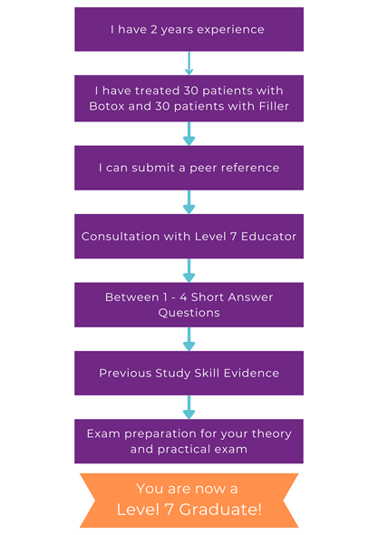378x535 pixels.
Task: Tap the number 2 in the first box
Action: [154, 29]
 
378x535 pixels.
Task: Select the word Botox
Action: [107, 106]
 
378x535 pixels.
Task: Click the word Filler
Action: [274, 106]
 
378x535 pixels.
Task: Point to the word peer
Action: [203, 169]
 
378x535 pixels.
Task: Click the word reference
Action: [250, 168]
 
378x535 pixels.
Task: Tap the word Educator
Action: [268, 236]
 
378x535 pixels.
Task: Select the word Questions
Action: [189, 313]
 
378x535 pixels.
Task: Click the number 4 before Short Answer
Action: [183, 297]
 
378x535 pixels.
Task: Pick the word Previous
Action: [125, 373]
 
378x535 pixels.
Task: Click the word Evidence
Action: [251, 373]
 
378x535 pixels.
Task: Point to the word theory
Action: [272, 434]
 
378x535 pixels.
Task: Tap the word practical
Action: [179, 450]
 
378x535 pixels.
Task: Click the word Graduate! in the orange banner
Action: [220, 510]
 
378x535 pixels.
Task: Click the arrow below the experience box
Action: [189, 63]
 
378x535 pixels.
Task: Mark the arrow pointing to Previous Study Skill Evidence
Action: [189, 339]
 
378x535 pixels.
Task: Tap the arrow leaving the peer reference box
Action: [189, 202]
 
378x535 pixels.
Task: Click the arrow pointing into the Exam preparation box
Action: [189, 407]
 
